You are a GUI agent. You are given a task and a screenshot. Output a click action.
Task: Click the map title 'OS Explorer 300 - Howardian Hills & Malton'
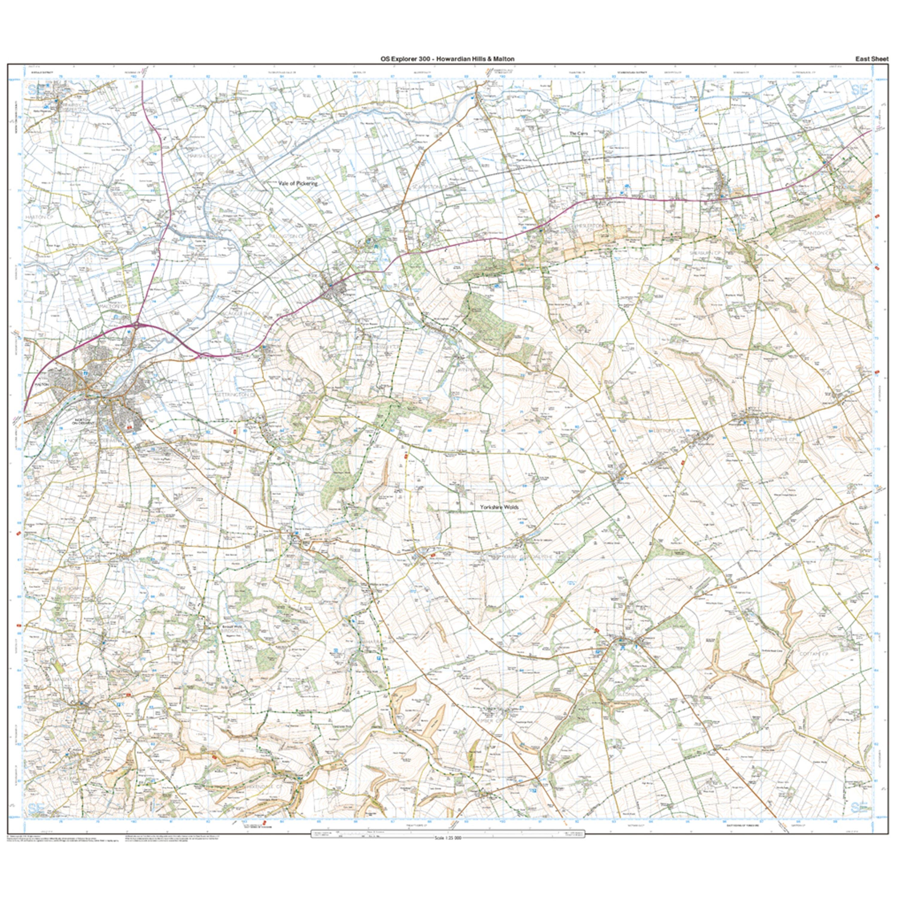pyautogui.click(x=447, y=59)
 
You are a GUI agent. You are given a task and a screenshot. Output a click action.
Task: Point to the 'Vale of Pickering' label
pyautogui.click(x=298, y=183)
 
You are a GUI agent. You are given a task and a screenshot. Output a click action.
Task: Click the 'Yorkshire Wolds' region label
pyautogui.click(x=499, y=508)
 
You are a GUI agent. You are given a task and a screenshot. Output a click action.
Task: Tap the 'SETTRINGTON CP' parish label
pyautogui.click(x=237, y=394)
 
